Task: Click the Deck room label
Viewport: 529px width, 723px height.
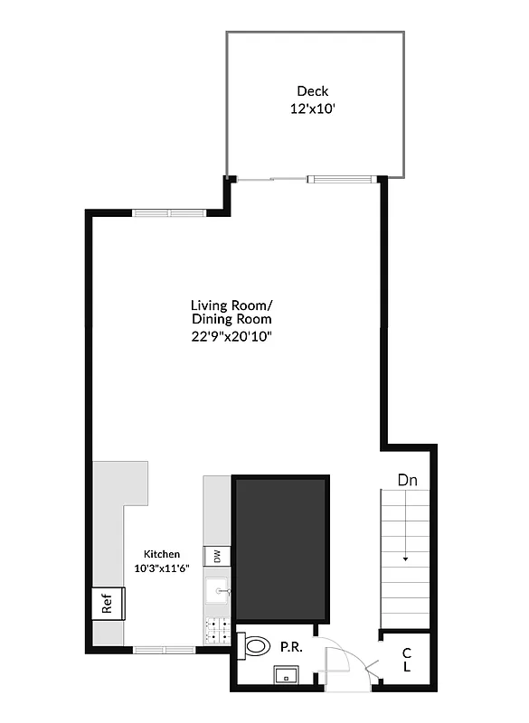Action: click(313, 90)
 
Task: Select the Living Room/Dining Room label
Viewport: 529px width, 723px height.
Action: click(231, 312)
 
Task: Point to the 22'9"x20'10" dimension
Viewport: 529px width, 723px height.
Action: click(231, 336)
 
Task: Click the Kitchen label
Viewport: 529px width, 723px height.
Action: click(163, 554)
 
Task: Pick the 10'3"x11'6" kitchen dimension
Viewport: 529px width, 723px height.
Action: click(163, 568)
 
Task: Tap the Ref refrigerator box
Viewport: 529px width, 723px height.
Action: click(108, 604)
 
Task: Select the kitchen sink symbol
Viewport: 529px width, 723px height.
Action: click(218, 591)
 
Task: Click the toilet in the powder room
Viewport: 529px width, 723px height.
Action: click(255, 647)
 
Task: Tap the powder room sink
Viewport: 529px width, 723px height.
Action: click(287, 673)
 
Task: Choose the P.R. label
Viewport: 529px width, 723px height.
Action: click(289, 647)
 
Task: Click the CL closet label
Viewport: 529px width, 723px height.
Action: click(407, 660)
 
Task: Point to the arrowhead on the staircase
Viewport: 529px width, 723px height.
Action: click(406, 559)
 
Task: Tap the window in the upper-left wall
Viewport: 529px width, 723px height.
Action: click(169, 213)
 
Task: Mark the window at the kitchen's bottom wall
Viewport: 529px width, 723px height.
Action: click(165, 649)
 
